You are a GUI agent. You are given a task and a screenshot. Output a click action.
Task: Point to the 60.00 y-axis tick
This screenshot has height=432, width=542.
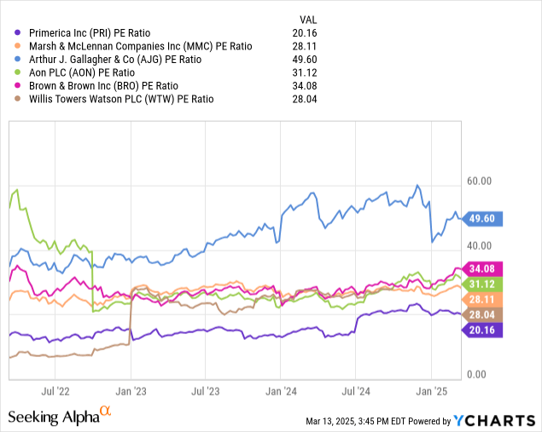tap(481, 181)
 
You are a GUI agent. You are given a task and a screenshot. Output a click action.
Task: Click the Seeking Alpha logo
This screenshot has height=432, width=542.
tap(58, 416)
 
